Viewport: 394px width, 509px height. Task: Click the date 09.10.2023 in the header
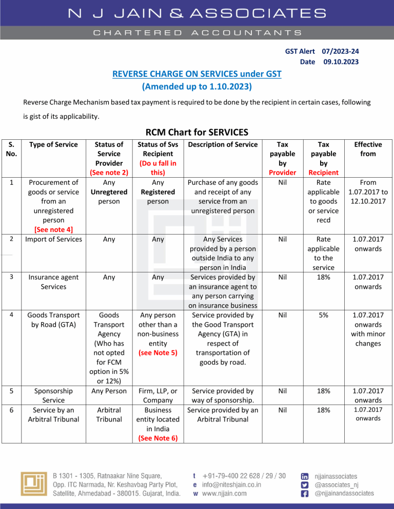[341, 62]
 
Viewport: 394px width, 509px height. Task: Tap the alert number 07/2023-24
[340, 52]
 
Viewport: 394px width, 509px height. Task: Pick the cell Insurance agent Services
[54, 282]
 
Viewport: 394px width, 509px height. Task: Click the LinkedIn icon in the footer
[305, 476]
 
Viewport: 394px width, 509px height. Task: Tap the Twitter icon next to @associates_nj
[305, 485]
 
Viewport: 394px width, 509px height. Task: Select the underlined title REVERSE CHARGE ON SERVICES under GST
[196, 75]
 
